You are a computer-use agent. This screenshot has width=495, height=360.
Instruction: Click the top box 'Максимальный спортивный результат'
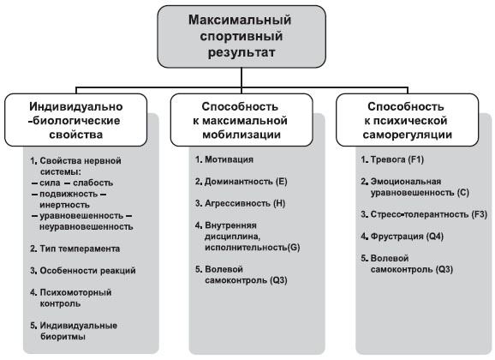click(x=242, y=36)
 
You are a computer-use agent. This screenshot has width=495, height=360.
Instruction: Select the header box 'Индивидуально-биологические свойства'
click(x=75, y=120)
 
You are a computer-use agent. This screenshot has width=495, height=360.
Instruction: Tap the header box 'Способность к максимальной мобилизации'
click(x=242, y=120)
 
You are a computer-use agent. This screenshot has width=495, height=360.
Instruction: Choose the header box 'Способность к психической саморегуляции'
click(x=408, y=120)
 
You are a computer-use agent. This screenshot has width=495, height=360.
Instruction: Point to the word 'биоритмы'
click(x=63, y=337)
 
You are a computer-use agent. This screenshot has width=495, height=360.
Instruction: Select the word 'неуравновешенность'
click(x=86, y=227)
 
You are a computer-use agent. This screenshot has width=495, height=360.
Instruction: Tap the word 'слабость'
click(x=92, y=183)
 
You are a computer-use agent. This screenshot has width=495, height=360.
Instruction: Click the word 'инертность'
click(x=64, y=205)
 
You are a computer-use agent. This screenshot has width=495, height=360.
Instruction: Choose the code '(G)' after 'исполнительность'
click(x=294, y=248)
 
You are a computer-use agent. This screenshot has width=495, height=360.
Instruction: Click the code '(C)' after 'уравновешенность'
click(x=462, y=193)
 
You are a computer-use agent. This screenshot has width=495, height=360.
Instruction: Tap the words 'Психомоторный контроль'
click(x=75, y=298)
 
